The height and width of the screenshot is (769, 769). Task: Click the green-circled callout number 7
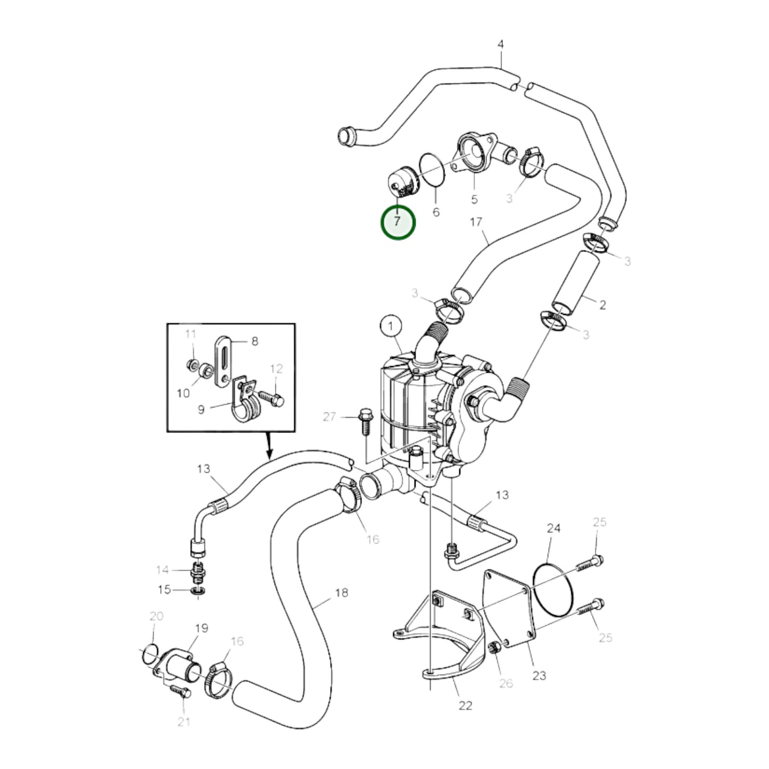coord(398,222)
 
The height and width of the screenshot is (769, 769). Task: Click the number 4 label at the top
coord(500,45)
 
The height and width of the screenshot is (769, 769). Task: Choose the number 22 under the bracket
coord(465,706)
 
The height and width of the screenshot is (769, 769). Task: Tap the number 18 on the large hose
coord(341,592)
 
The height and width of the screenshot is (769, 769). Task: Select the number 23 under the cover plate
coord(539,676)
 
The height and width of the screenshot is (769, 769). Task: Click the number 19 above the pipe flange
coord(201,629)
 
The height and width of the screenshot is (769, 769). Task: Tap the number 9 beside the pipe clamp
coord(201,410)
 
